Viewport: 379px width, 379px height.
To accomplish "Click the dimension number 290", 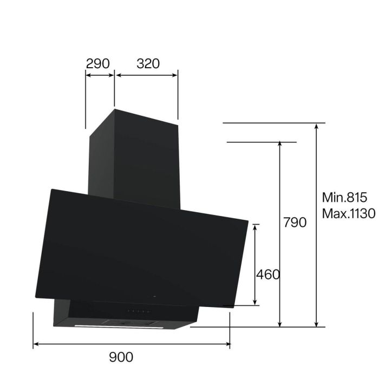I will [x=98, y=63].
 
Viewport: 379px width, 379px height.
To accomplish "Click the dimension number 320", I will [x=148, y=63].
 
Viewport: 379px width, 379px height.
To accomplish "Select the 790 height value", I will [x=295, y=222].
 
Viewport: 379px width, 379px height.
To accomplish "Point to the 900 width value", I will [x=121, y=357].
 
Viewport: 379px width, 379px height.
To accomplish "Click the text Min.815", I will [x=344, y=197].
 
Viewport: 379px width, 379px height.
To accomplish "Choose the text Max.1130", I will [x=348, y=213].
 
